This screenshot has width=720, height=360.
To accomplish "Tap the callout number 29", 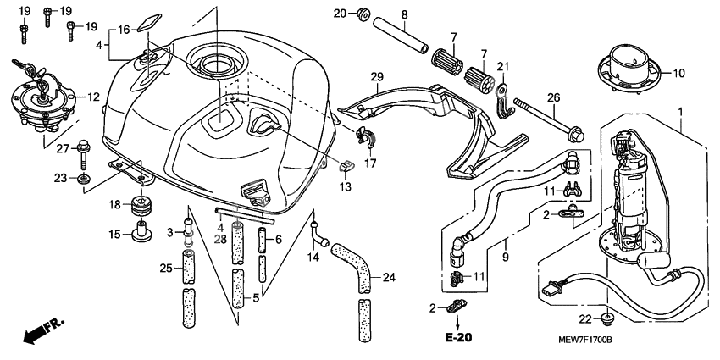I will (377, 77).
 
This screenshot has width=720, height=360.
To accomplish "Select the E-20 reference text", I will (457, 337).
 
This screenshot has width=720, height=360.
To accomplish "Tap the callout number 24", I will (389, 276).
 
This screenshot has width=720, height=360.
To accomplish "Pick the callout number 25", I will (167, 269).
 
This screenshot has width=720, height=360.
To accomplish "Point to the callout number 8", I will (404, 14).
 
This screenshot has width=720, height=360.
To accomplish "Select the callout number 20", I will (340, 14).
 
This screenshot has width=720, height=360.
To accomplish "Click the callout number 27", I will (61, 150).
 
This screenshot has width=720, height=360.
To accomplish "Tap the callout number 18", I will (115, 204).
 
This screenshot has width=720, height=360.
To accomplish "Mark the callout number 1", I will (678, 112).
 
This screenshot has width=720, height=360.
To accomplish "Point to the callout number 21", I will (501, 68).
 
